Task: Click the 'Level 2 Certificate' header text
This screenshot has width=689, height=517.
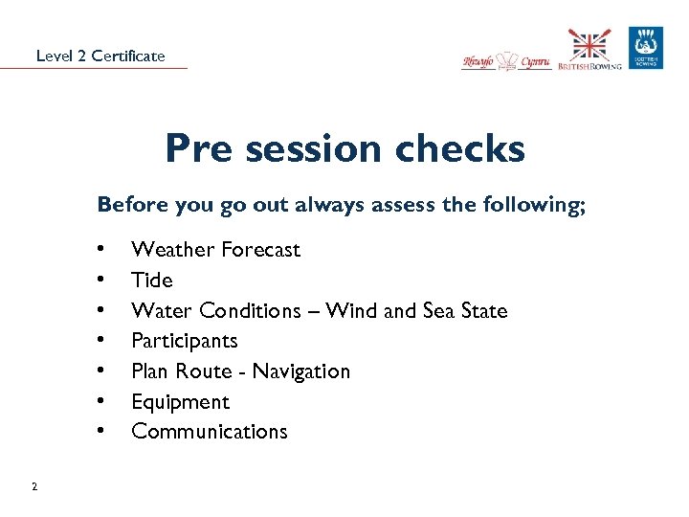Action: coord(100,56)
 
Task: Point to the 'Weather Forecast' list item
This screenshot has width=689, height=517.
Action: coord(215,250)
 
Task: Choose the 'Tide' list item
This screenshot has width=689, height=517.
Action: coord(151,281)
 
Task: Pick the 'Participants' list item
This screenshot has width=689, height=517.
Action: coord(184,341)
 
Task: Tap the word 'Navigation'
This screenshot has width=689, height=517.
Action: coord(303,371)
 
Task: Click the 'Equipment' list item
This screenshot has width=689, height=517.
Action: coord(180,402)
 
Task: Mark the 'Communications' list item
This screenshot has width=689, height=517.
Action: coord(209,432)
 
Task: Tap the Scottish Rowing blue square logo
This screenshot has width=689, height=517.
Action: coord(645,48)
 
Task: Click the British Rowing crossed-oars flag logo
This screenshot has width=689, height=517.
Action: coord(589,50)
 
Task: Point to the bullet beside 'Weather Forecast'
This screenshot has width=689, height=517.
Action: coord(100,250)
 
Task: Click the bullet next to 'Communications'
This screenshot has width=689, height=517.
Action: coord(100,432)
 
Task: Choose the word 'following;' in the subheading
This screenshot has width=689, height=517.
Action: coord(537,204)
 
